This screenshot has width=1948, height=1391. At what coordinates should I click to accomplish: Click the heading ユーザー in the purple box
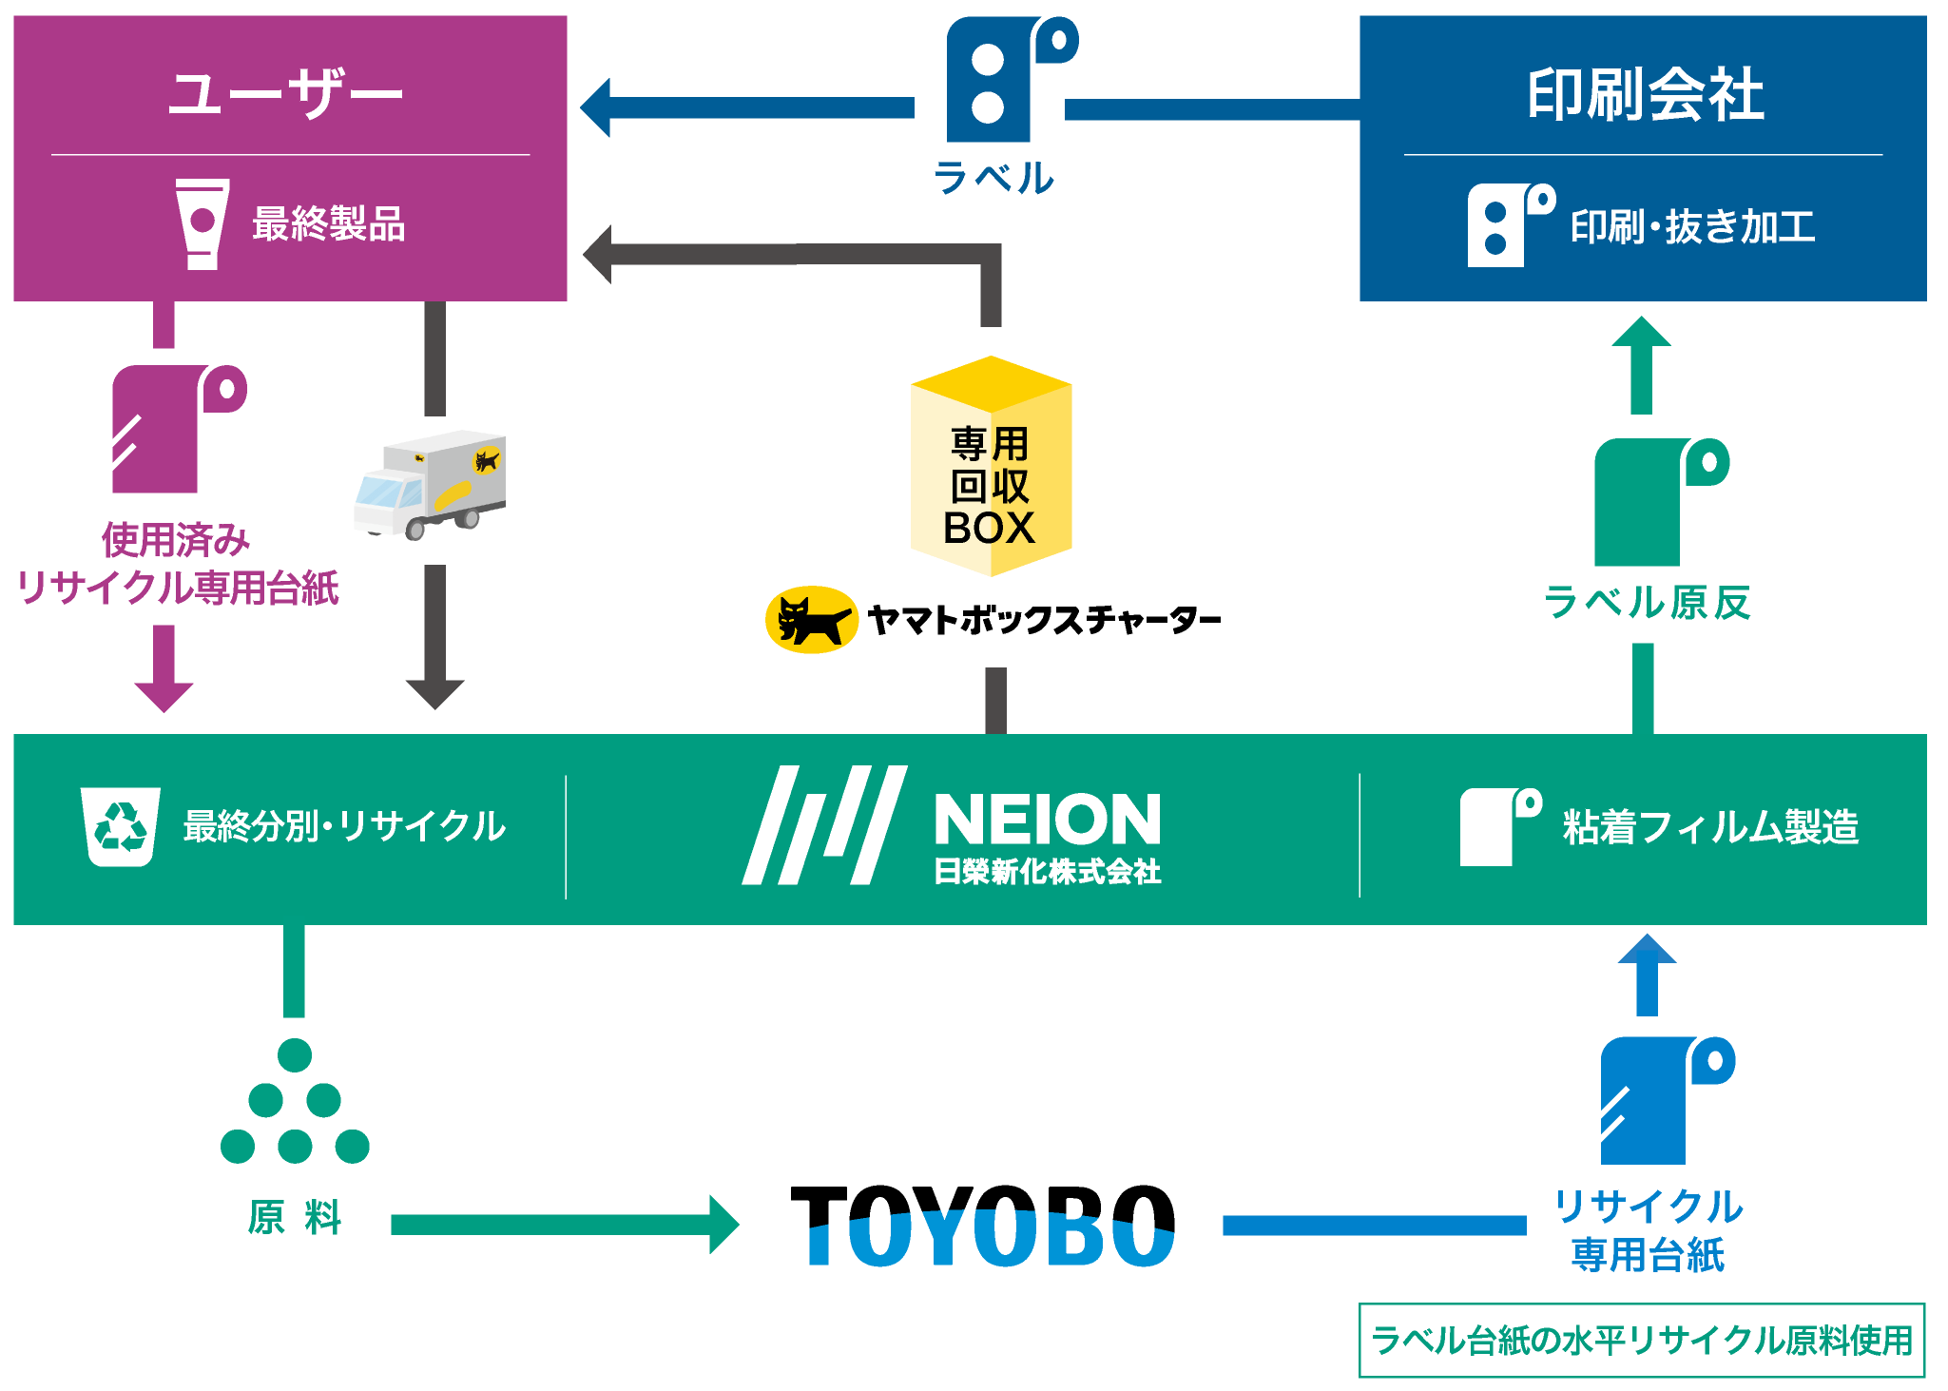point(285,94)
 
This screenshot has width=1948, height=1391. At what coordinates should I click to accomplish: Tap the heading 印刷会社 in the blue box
point(1645,95)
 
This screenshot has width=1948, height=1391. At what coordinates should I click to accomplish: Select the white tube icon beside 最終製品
point(203,224)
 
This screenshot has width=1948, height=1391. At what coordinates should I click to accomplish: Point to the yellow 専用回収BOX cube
point(991,467)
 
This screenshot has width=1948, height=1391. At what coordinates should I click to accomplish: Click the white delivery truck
point(430,485)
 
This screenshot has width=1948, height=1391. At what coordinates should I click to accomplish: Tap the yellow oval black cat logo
point(812,621)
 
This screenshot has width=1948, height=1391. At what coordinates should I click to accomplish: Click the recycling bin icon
point(120,826)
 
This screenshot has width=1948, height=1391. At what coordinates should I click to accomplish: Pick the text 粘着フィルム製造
point(1710,827)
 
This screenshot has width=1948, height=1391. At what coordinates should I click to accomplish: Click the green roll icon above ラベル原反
point(1659,501)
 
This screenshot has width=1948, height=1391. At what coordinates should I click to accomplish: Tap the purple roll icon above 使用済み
point(177,429)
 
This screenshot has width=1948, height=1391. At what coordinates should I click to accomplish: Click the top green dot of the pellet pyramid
point(295,1055)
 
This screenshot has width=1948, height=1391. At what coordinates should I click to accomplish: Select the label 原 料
point(295,1217)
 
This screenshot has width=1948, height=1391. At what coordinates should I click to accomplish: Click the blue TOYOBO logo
point(992,1241)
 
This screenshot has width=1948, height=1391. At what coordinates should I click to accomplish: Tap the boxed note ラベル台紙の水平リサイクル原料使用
point(1642,1341)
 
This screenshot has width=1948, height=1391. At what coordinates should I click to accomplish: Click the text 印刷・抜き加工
point(1692,227)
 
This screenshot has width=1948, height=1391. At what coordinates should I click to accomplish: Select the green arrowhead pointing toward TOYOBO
point(723,1225)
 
